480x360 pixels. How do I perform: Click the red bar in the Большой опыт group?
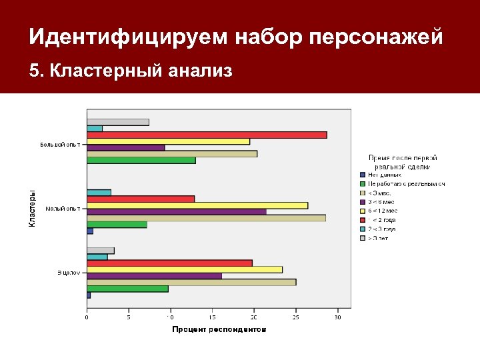(207, 135)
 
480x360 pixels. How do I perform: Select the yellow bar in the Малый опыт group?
(197, 205)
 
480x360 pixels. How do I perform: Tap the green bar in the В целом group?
(127, 289)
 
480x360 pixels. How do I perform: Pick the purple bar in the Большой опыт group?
(125, 147)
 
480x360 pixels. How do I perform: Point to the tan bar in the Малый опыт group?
(206, 218)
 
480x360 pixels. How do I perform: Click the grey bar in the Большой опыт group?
(117, 122)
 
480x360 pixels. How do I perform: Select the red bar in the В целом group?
(169, 263)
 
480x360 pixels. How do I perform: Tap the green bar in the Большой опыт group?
(141, 160)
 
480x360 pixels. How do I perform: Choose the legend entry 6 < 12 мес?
(382, 210)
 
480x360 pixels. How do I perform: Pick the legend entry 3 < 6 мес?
(381, 201)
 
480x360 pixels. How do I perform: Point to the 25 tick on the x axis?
(296, 317)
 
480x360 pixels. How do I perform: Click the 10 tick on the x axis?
(171, 317)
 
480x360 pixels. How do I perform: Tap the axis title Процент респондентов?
(219, 329)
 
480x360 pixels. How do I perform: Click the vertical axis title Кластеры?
(32, 209)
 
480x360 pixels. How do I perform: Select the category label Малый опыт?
(63, 209)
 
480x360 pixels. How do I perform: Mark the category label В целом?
(68, 272)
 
